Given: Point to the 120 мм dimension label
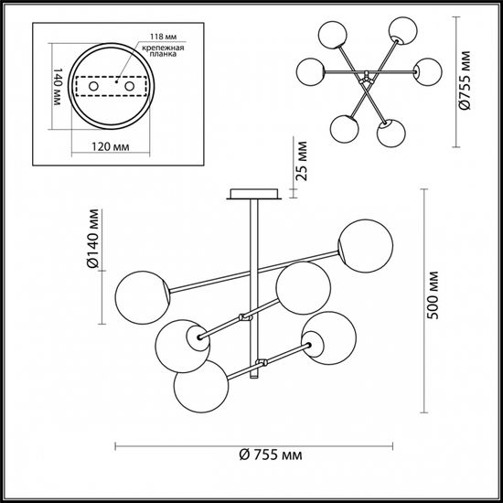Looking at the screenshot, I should coord(111,144).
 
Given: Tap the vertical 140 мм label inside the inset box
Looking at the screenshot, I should coord(56,88).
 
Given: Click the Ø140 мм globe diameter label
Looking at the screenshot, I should coord(93,241).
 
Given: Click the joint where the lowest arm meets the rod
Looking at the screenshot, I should coord(260,362).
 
